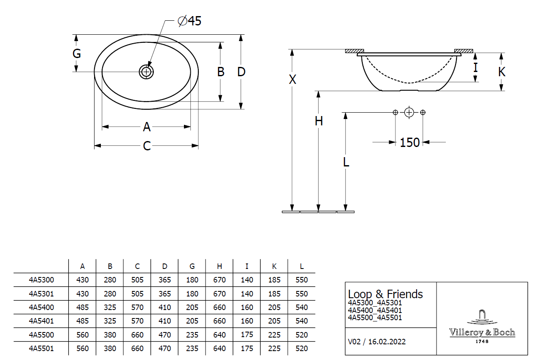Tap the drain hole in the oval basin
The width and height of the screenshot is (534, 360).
[146, 72]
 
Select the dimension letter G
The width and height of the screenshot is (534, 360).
[77, 54]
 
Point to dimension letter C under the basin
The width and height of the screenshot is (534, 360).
[147, 146]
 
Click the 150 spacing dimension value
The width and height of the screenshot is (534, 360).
[409, 142]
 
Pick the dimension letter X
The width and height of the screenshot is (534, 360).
[292, 79]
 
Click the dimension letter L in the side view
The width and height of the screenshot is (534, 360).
[346, 162]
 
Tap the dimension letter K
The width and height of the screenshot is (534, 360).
[502, 72]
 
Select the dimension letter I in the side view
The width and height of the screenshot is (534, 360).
[476, 67]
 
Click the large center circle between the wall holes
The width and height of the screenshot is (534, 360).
[409, 112]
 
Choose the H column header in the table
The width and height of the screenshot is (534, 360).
[219, 266]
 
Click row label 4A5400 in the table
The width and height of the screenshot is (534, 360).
[41, 307]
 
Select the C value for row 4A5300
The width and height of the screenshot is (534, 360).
[137, 280]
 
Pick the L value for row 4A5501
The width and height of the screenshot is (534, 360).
[302, 349]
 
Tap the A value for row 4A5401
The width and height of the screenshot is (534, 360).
[83, 321]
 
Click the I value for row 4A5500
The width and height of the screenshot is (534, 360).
[247, 335]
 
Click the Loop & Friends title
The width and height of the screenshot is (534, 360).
[385, 294]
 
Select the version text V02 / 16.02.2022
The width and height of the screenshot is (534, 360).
[376, 341]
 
